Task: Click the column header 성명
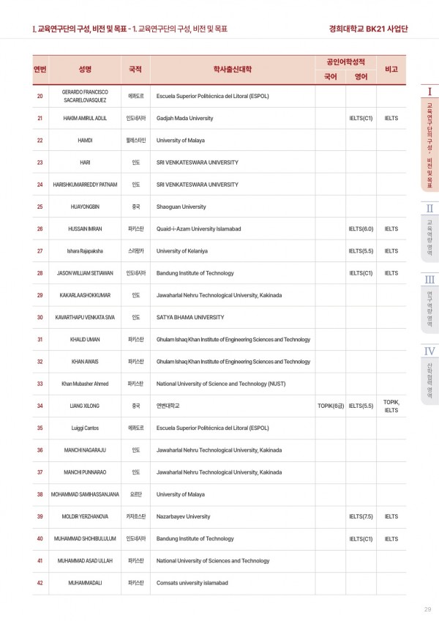(x=85, y=69)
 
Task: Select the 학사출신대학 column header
(x=232, y=69)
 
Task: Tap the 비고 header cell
(x=391, y=69)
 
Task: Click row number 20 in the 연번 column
(x=40, y=96)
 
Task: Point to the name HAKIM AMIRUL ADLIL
(x=85, y=118)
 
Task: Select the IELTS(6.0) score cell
(x=361, y=228)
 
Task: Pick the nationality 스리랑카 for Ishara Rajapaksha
(x=136, y=251)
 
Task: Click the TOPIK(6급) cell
(x=330, y=405)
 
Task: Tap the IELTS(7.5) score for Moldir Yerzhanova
(x=361, y=516)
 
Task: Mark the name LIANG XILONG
(x=85, y=405)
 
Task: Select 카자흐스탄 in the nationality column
(x=136, y=516)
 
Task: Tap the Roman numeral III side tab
(x=429, y=279)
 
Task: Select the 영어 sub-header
(x=361, y=75)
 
